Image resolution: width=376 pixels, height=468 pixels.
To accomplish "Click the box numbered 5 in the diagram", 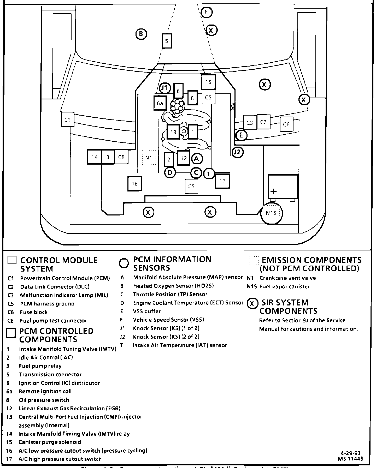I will tap(167, 41).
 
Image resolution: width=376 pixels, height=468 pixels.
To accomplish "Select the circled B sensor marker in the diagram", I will tap(141, 34).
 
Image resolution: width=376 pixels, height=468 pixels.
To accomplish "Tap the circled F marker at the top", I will tap(207, 12).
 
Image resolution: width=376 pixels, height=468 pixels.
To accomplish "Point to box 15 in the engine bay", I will tap(208, 82).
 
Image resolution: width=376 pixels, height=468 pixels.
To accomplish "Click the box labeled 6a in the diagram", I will tap(160, 103).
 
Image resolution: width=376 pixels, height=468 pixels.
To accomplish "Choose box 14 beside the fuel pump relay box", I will tap(95, 157).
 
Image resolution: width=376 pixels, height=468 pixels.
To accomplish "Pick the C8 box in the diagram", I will tap(121, 157).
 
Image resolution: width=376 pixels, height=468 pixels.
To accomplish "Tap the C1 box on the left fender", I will tap(68, 120).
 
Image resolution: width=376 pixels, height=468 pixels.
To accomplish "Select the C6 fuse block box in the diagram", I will tap(286, 124).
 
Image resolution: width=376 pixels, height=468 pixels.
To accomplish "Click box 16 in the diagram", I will tap(135, 184).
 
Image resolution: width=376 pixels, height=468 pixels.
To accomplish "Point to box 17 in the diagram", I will tap(222, 181).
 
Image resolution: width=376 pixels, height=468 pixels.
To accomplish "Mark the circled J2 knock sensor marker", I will tap(238, 152).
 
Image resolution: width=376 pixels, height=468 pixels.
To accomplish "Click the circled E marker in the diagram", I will tap(241, 135).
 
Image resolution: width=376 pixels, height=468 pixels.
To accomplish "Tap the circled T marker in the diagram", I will tap(209, 174).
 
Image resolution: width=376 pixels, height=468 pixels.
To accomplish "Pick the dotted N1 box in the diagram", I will tap(149, 158).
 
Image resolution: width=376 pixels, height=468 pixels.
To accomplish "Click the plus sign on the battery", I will tap(273, 191).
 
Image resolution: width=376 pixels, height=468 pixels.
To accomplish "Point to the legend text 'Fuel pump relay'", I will tap(40, 366).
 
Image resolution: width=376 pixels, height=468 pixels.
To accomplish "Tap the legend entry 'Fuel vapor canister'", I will tap(285, 286).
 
